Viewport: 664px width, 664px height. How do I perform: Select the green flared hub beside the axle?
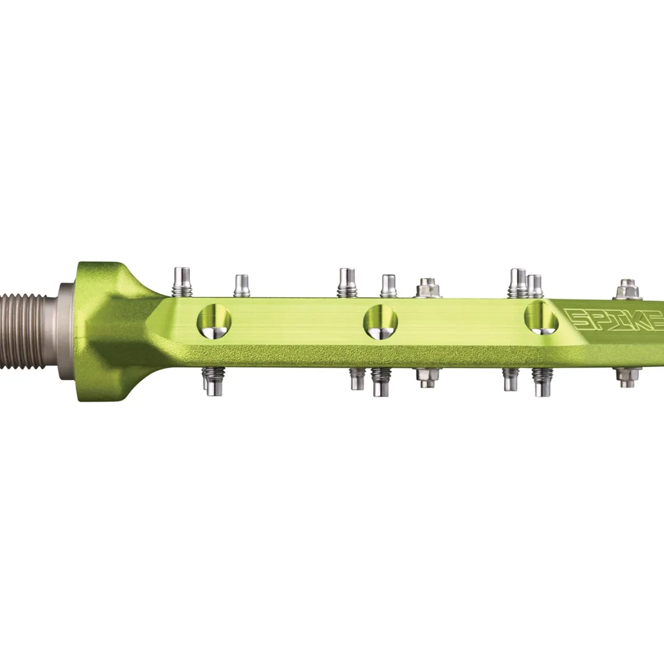click(x=104, y=332)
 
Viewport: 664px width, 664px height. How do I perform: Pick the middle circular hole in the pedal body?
click(x=381, y=322)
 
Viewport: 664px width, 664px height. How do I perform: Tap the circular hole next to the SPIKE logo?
click(x=542, y=317)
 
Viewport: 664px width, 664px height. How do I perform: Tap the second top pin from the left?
click(x=241, y=285)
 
